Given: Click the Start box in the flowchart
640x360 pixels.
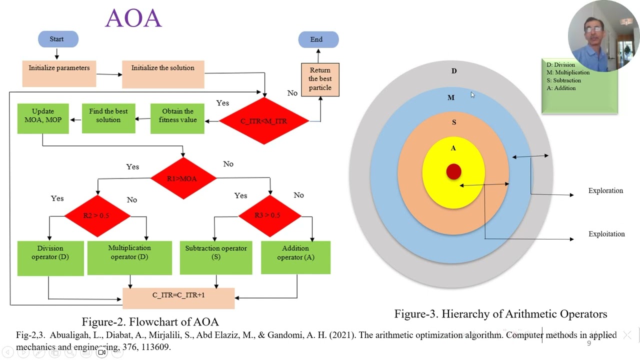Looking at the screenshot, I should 58,39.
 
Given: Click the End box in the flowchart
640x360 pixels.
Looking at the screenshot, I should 318,39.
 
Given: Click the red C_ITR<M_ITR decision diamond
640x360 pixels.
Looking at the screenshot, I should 264,121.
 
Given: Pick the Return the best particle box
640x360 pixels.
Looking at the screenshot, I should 320,79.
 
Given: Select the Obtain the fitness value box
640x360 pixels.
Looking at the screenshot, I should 177,118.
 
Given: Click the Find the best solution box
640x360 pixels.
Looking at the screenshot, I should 108,118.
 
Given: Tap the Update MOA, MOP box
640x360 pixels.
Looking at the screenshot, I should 43,118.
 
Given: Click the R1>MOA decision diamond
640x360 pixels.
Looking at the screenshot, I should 183,178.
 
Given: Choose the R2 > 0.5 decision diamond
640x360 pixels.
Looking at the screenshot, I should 97,215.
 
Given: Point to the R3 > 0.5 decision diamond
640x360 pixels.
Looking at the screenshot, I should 269,215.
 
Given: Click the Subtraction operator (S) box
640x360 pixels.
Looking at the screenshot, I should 216,257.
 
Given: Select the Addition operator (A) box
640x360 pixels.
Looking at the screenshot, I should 295,257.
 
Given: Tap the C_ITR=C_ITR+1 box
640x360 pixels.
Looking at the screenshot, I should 178,298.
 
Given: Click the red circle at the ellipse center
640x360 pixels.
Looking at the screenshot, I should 453,171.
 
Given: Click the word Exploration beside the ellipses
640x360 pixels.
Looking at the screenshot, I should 605,190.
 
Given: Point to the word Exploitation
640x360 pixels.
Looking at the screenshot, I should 606,234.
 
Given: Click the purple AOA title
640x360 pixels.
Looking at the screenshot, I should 133,18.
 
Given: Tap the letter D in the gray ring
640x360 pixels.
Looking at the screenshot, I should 454,71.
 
